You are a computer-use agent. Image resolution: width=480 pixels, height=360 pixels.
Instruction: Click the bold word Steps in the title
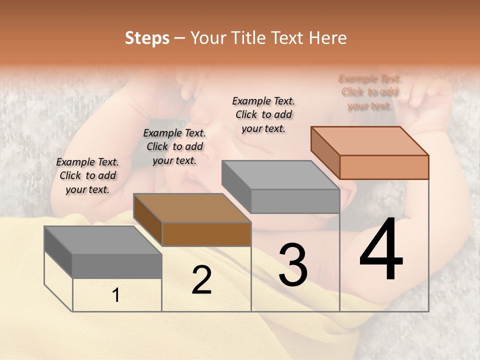[x=147, y=38]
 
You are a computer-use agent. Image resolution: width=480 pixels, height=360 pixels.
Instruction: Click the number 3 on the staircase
[x=293, y=264]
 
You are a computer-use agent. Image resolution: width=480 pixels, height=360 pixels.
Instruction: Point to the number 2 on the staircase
[x=201, y=280]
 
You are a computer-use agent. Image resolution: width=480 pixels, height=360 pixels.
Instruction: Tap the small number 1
[x=115, y=295]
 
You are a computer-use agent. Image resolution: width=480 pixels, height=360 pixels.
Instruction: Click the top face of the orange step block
[x=370, y=140]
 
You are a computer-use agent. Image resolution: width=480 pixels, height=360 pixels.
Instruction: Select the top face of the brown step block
[x=192, y=208]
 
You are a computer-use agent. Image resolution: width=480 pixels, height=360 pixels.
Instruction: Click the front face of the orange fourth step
[x=384, y=167]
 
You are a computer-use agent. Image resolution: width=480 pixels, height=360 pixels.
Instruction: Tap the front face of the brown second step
[x=206, y=234]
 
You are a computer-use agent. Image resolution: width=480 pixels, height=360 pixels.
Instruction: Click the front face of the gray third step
[x=295, y=201]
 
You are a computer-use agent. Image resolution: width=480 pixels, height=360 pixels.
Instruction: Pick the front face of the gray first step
[x=117, y=266]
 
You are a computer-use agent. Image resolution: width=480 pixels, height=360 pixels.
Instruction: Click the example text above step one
[x=87, y=175]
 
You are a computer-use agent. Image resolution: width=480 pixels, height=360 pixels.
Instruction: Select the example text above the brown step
[x=174, y=146]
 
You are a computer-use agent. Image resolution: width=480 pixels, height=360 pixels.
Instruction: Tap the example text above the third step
[x=263, y=114]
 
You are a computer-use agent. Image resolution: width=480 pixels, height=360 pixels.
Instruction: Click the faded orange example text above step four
[x=369, y=92]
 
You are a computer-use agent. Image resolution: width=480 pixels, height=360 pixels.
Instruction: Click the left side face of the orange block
[x=325, y=152]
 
